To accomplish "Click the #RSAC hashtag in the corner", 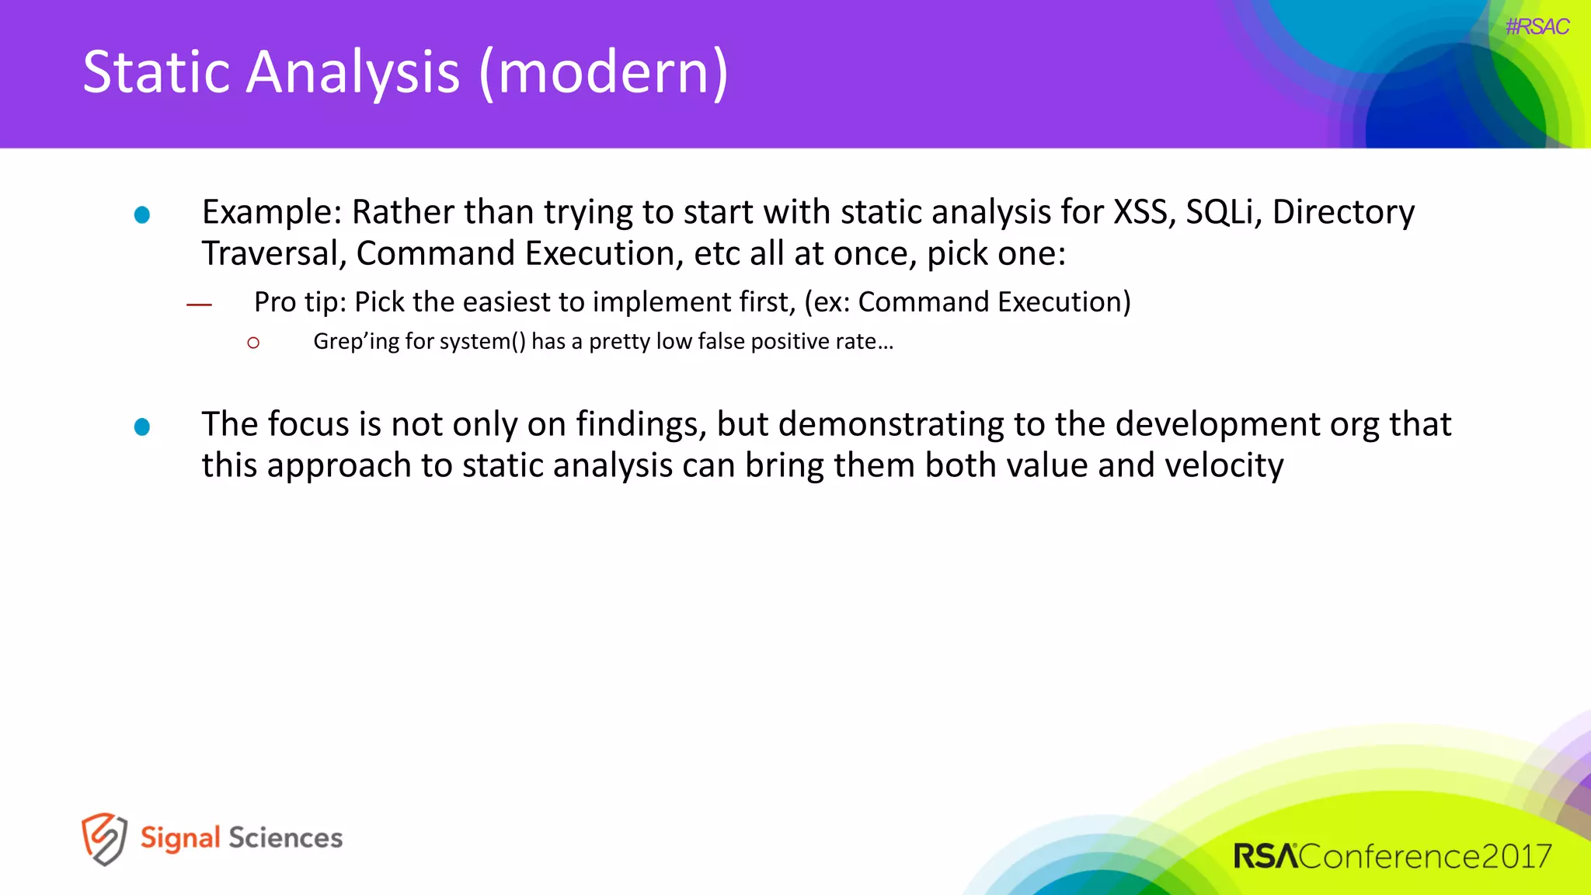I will [1537, 27].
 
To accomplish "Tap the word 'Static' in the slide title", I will [156, 72].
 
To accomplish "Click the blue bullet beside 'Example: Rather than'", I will [142, 214].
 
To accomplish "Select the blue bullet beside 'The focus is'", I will [142, 427].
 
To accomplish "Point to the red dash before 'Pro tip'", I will [199, 305].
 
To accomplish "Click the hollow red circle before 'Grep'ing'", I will [253, 343].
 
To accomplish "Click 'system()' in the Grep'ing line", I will [482, 342].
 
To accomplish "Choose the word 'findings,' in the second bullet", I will [641, 425].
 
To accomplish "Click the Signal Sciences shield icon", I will [104, 839].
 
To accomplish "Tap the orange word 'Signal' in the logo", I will [180, 838].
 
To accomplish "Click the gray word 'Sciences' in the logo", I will [285, 838].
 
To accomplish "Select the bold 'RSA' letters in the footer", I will [1265, 856].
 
